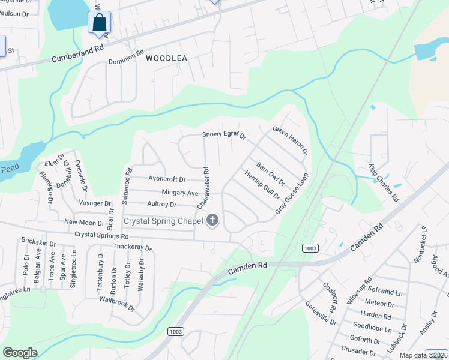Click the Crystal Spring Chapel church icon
pyautogui.click(x=212, y=221)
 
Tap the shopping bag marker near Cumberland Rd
pyautogui.click(x=100, y=23)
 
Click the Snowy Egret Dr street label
pyautogui.click(x=224, y=135)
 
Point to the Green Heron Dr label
pyautogui.click(x=290, y=140)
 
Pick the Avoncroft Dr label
pyautogui.click(x=167, y=179)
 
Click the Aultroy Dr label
pyautogui.click(x=161, y=205)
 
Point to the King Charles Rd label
pyautogui.click(x=384, y=182)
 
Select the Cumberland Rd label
pyautogui.click(x=78, y=53)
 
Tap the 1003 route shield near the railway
pyautogui.click(x=310, y=248)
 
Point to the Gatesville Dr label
pyautogui.click(x=321, y=313)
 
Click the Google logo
pyautogui.click(x=20, y=352)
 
